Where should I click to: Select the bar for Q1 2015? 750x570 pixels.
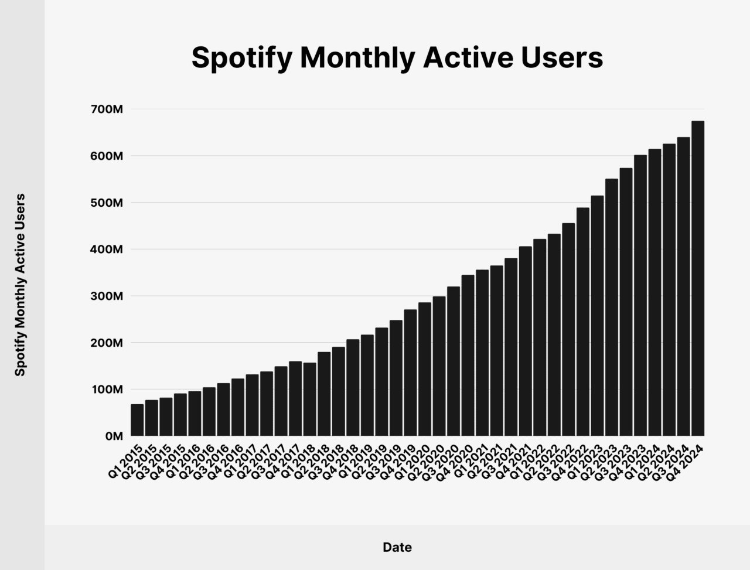tap(137, 420)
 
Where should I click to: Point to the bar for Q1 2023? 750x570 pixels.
tap(597, 316)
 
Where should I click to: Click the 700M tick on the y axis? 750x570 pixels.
tap(107, 110)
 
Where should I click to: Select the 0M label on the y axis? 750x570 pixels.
tap(114, 436)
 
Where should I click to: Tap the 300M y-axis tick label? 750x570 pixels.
tap(107, 296)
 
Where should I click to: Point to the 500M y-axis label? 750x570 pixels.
tap(107, 203)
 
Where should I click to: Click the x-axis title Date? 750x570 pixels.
tap(397, 548)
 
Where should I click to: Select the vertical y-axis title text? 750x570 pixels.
tap(21, 285)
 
